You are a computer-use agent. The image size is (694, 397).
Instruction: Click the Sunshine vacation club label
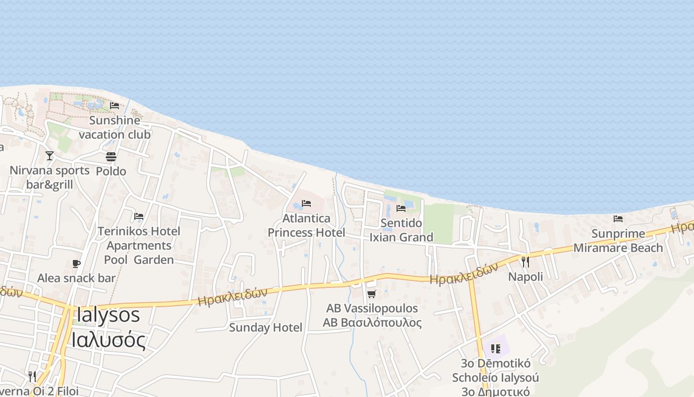click(x=115, y=127)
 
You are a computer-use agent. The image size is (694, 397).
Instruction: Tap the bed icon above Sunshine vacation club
click(x=115, y=105)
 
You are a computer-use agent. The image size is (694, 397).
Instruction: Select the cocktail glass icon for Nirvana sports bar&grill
click(x=50, y=156)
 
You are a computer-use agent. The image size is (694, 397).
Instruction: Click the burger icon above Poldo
click(x=111, y=157)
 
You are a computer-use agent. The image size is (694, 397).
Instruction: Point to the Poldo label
click(x=111, y=171)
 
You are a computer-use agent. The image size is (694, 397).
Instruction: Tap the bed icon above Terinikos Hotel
click(x=139, y=216)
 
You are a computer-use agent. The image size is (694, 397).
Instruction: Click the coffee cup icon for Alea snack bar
click(x=76, y=264)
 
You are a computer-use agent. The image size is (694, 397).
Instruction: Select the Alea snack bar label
click(x=76, y=278)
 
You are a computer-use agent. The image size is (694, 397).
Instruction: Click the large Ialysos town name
click(x=108, y=316)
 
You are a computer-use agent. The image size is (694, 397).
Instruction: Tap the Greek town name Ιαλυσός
click(x=108, y=340)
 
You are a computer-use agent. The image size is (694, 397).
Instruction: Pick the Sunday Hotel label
click(x=266, y=328)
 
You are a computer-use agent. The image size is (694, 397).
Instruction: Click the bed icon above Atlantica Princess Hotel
click(x=306, y=203)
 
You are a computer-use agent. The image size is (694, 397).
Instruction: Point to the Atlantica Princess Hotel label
click(x=306, y=225)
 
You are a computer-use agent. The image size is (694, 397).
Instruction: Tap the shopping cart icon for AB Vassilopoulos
click(x=372, y=294)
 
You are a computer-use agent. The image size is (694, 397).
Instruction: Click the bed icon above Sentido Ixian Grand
click(x=401, y=208)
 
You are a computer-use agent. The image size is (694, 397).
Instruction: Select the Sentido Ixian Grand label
click(x=402, y=230)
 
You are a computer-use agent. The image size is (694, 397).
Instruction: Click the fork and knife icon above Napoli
click(x=525, y=262)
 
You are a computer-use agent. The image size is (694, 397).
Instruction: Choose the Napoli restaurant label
click(x=525, y=276)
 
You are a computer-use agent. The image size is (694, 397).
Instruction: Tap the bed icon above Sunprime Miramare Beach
click(x=618, y=218)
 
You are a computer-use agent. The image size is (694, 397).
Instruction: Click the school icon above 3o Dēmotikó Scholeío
click(x=495, y=348)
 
